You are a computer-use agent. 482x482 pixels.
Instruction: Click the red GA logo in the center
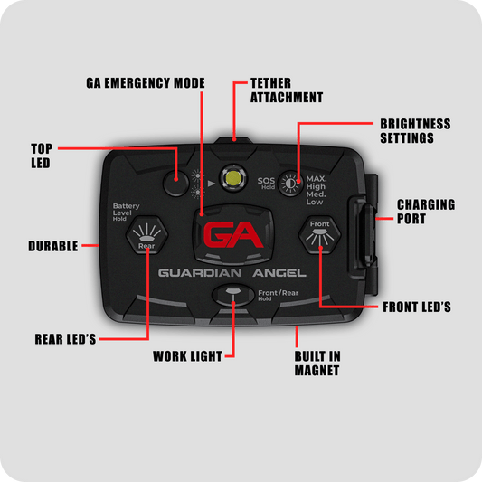click(x=233, y=234)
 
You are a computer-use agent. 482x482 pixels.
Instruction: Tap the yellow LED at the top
click(x=233, y=178)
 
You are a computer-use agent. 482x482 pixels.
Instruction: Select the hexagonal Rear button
click(x=146, y=235)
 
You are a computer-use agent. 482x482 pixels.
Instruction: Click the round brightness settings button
click(x=290, y=184)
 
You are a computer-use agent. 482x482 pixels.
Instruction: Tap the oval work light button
click(x=233, y=295)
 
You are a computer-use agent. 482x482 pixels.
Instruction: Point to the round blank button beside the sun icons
click(x=175, y=184)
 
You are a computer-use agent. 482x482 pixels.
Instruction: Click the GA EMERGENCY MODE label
click(x=146, y=83)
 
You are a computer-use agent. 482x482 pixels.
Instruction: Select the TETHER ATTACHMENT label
click(x=287, y=90)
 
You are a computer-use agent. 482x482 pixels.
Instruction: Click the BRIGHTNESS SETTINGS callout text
click(x=415, y=131)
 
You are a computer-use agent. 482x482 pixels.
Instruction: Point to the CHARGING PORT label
click(x=426, y=212)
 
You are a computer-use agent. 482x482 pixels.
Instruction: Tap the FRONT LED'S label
click(x=417, y=307)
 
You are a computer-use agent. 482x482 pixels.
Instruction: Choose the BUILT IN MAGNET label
click(x=317, y=364)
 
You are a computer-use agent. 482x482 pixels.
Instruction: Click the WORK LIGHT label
click(x=187, y=356)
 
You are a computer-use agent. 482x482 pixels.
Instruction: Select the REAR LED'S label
click(x=65, y=339)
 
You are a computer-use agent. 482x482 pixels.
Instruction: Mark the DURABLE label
click(x=53, y=246)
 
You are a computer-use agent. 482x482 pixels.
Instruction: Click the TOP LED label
click(x=42, y=156)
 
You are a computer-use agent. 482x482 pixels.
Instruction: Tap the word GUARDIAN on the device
click(x=200, y=273)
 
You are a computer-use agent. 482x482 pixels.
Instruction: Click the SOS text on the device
click(x=266, y=181)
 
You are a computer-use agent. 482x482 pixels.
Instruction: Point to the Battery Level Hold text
click(x=126, y=213)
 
